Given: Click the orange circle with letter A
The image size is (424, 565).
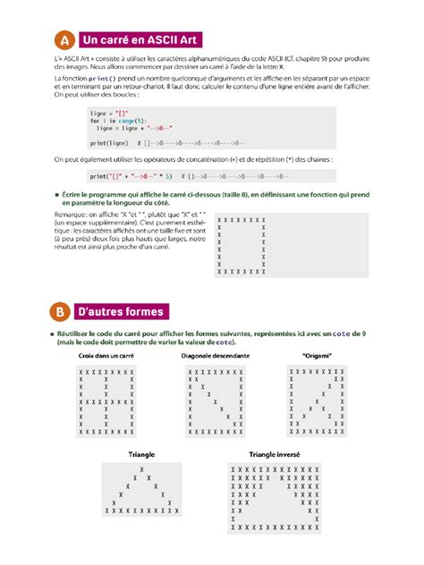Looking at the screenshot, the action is (64, 40).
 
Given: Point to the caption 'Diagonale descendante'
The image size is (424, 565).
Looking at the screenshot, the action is (215, 356).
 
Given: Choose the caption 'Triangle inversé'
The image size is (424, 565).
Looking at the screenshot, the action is (275, 454).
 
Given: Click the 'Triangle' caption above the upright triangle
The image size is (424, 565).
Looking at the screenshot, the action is (141, 454).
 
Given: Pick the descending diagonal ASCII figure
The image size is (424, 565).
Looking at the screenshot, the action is (216, 401).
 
